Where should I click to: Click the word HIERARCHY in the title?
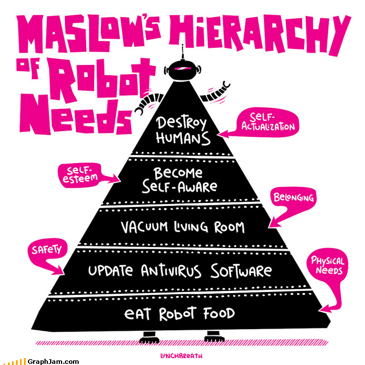coord(260,35)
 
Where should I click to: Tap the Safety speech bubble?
coord(47,254)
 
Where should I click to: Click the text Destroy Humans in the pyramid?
coord(182,131)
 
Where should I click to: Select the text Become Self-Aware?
coord(179,180)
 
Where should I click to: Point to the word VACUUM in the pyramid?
coord(144,227)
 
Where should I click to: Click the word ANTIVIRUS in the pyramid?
coord(171,271)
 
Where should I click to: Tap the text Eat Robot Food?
coord(179,314)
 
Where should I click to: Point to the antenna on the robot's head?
coord(182,52)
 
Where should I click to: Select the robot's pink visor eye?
coord(182,68)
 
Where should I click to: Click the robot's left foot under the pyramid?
coord(148,337)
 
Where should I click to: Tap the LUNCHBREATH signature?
coord(181,356)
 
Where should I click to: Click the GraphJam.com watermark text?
coord(53,362)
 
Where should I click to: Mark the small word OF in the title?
coord(28,66)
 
